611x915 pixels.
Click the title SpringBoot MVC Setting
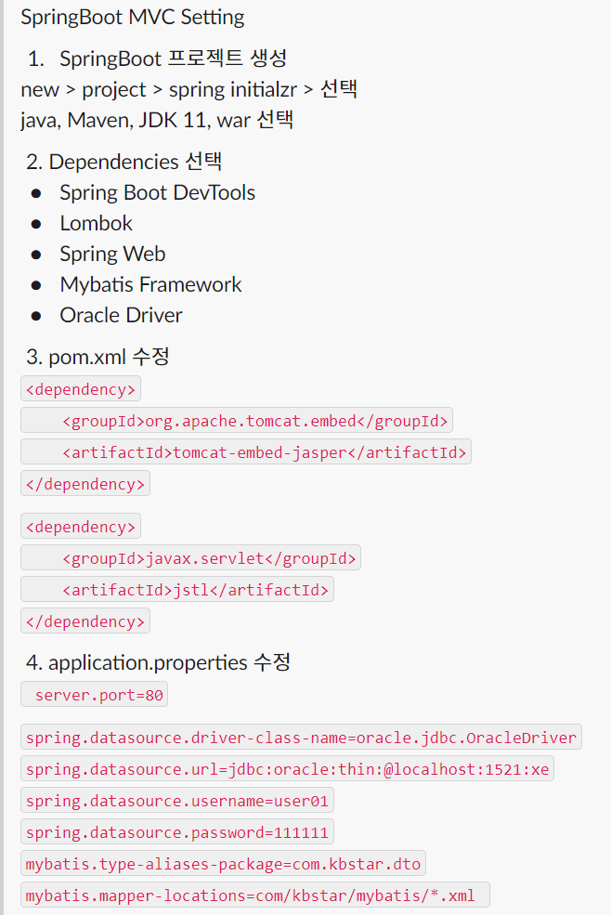pyautogui.click(x=133, y=17)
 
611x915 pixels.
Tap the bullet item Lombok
pyautogui.click(x=97, y=224)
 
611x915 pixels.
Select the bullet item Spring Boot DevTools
pyautogui.click(x=158, y=193)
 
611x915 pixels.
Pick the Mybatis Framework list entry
pyautogui.click(x=150, y=285)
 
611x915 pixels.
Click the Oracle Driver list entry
pyautogui.click(x=121, y=315)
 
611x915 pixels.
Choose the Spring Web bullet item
pyautogui.click(x=112, y=255)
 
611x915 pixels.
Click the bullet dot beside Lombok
pyautogui.click(x=36, y=224)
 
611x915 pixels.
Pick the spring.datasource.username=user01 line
pyautogui.click(x=177, y=801)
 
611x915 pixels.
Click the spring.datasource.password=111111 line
pyautogui.click(x=177, y=832)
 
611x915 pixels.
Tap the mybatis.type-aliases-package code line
pyautogui.click(x=224, y=864)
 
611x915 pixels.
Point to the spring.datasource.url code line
pyautogui.click(x=288, y=769)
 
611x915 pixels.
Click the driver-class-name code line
pyautogui.click(x=301, y=738)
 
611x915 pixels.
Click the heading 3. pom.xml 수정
pyautogui.click(x=97, y=357)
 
